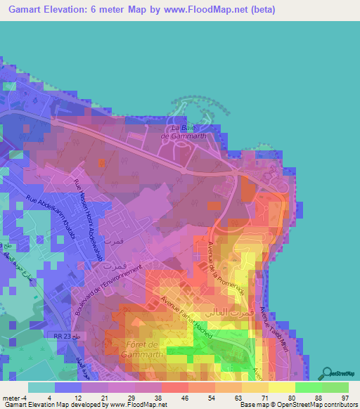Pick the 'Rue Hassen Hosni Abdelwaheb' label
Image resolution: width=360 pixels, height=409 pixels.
tap(89, 215)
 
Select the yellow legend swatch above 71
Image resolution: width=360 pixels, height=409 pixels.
tap(255, 387)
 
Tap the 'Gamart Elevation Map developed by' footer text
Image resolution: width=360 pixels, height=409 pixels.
tap(56, 405)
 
